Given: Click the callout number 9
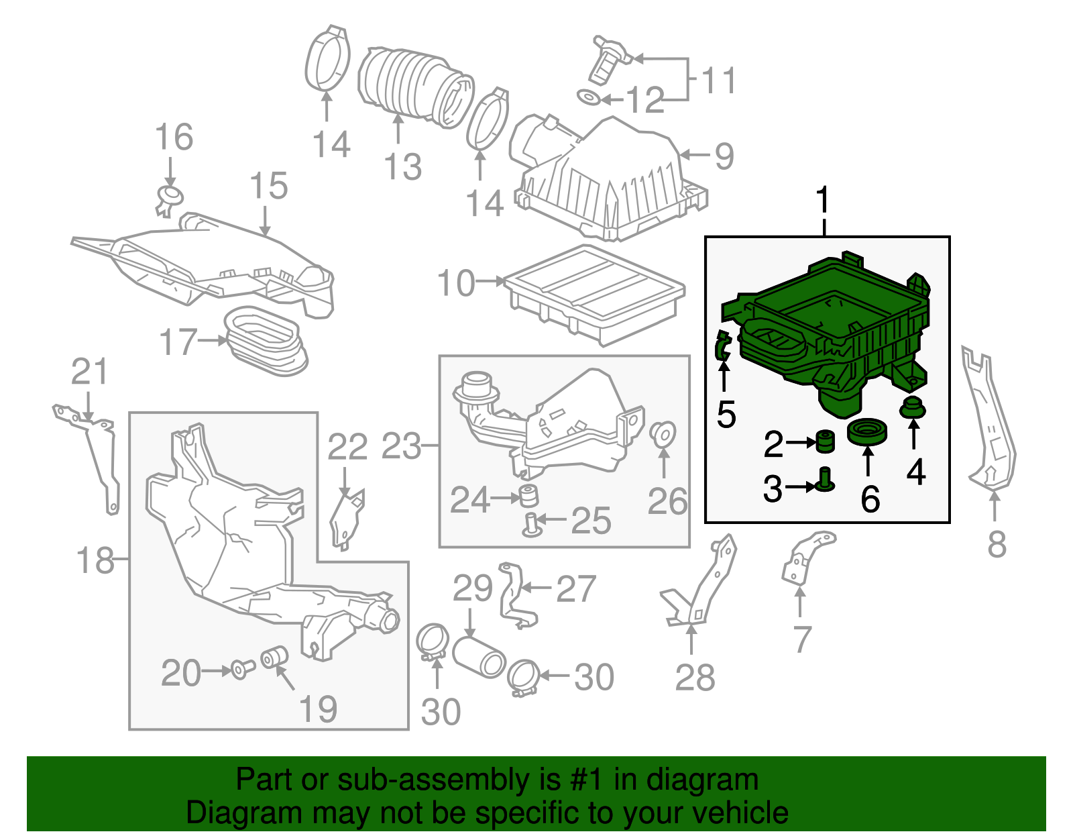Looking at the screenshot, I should pyautogui.click(x=724, y=156).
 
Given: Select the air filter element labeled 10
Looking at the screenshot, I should pyautogui.click(x=594, y=293).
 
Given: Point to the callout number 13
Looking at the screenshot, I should pyautogui.click(x=402, y=166).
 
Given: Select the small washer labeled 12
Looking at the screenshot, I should pyautogui.click(x=588, y=99).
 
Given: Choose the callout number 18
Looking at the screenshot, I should pyautogui.click(x=95, y=560).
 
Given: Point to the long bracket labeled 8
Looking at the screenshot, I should pyautogui.click(x=989, y=423).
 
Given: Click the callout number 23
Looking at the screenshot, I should pyautogui.click(x=401, y=446).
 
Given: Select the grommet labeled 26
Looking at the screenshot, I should pyautogui.click(x=663, y=433).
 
